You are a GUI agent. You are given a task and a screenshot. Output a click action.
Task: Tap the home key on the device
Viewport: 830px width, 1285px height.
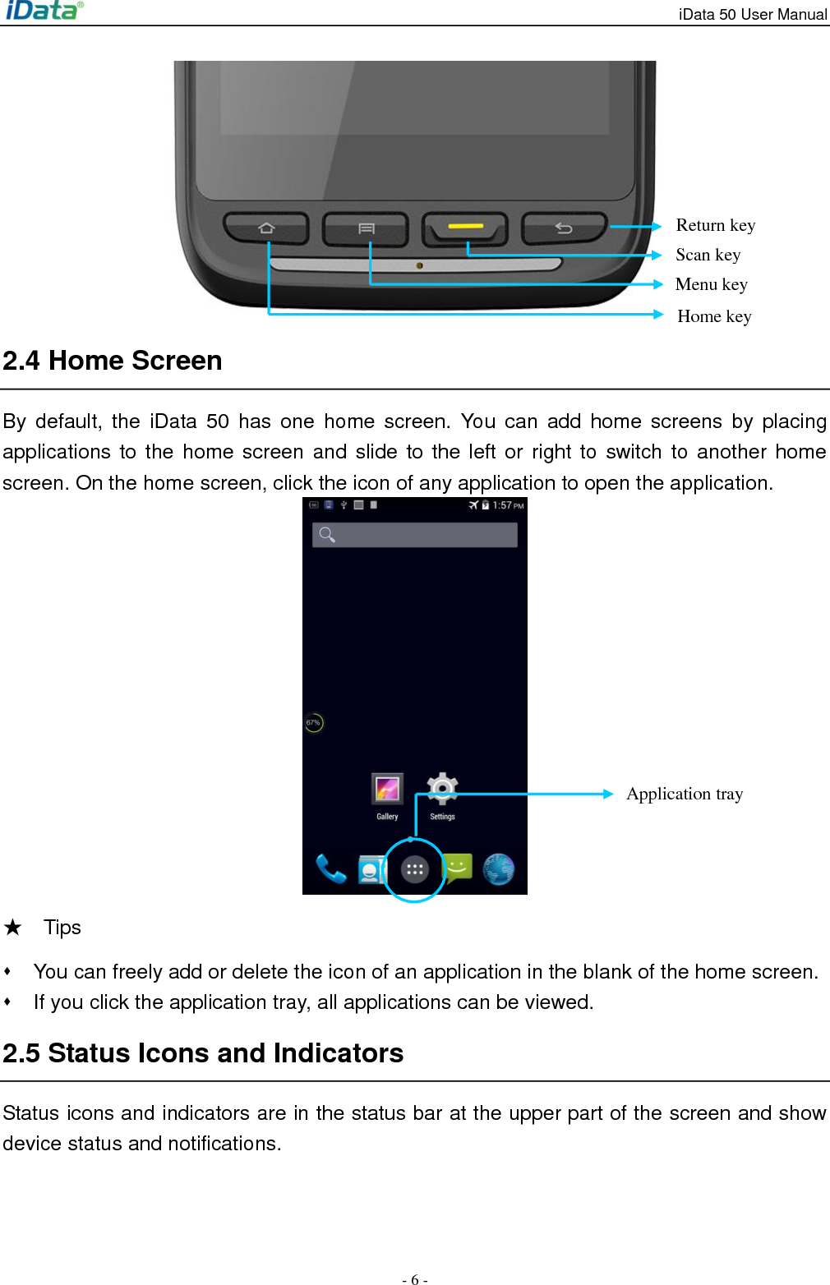(x=266, y=228)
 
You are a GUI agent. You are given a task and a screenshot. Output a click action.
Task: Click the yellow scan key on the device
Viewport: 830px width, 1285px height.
(x=465, y=227)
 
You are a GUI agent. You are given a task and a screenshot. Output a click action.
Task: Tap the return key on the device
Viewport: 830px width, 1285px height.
(x=564, y=228)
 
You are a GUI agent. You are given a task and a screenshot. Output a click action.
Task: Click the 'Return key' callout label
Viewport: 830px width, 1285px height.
(x=715, y=225)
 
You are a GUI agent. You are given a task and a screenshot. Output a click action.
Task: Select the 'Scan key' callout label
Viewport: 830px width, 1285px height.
(x=708, y=255)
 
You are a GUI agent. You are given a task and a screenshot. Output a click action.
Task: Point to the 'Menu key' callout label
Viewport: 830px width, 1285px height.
(x=711, y=284)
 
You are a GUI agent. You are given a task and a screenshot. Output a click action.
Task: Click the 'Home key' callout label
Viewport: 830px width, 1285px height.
(x=714, y=316)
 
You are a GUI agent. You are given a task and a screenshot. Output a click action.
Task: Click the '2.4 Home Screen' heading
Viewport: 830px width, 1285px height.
(x=113, y=361)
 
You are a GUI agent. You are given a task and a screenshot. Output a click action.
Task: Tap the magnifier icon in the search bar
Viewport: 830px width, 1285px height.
(x=327, y=535)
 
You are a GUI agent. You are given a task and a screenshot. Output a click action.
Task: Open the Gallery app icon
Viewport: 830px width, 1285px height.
(x=387, y=790)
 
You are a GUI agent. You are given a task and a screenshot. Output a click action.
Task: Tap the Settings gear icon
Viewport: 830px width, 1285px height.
(x=442, y=789)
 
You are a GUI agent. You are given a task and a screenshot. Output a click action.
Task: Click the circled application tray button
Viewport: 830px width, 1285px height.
(x=414, y=869)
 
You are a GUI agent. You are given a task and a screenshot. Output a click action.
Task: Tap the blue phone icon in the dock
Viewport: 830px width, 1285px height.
(x=331, y=868)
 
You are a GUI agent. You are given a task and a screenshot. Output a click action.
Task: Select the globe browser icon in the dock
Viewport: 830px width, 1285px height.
(x=499, y=868)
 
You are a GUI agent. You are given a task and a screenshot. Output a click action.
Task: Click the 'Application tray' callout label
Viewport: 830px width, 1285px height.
(x=685, y=794)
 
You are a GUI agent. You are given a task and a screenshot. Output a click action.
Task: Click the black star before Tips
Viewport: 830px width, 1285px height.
(x=12, y=928)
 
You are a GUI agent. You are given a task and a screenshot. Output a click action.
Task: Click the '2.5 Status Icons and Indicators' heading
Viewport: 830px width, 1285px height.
(x=203, y=1053)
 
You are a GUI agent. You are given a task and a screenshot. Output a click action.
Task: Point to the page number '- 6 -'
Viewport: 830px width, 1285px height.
(x=415, y=1279)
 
